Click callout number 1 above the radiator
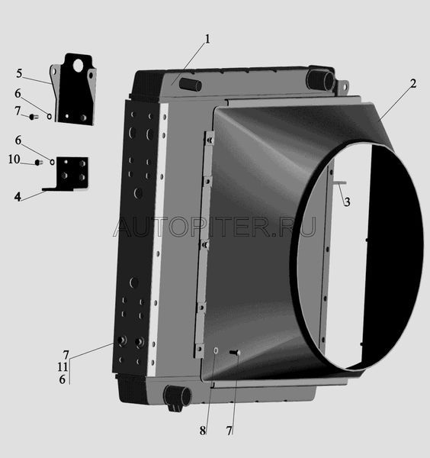tap(207, 39)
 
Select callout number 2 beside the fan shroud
tap(412, 84)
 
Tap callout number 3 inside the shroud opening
tap(347, 202)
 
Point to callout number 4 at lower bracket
tap(18, 197)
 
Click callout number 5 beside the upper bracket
tap(19, 73)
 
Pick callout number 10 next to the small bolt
tap(14, 160)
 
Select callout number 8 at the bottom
tap(203, 431)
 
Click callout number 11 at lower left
tap(63, 367)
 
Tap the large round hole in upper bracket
tap(79, 66)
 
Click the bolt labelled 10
tap(39, 163)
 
